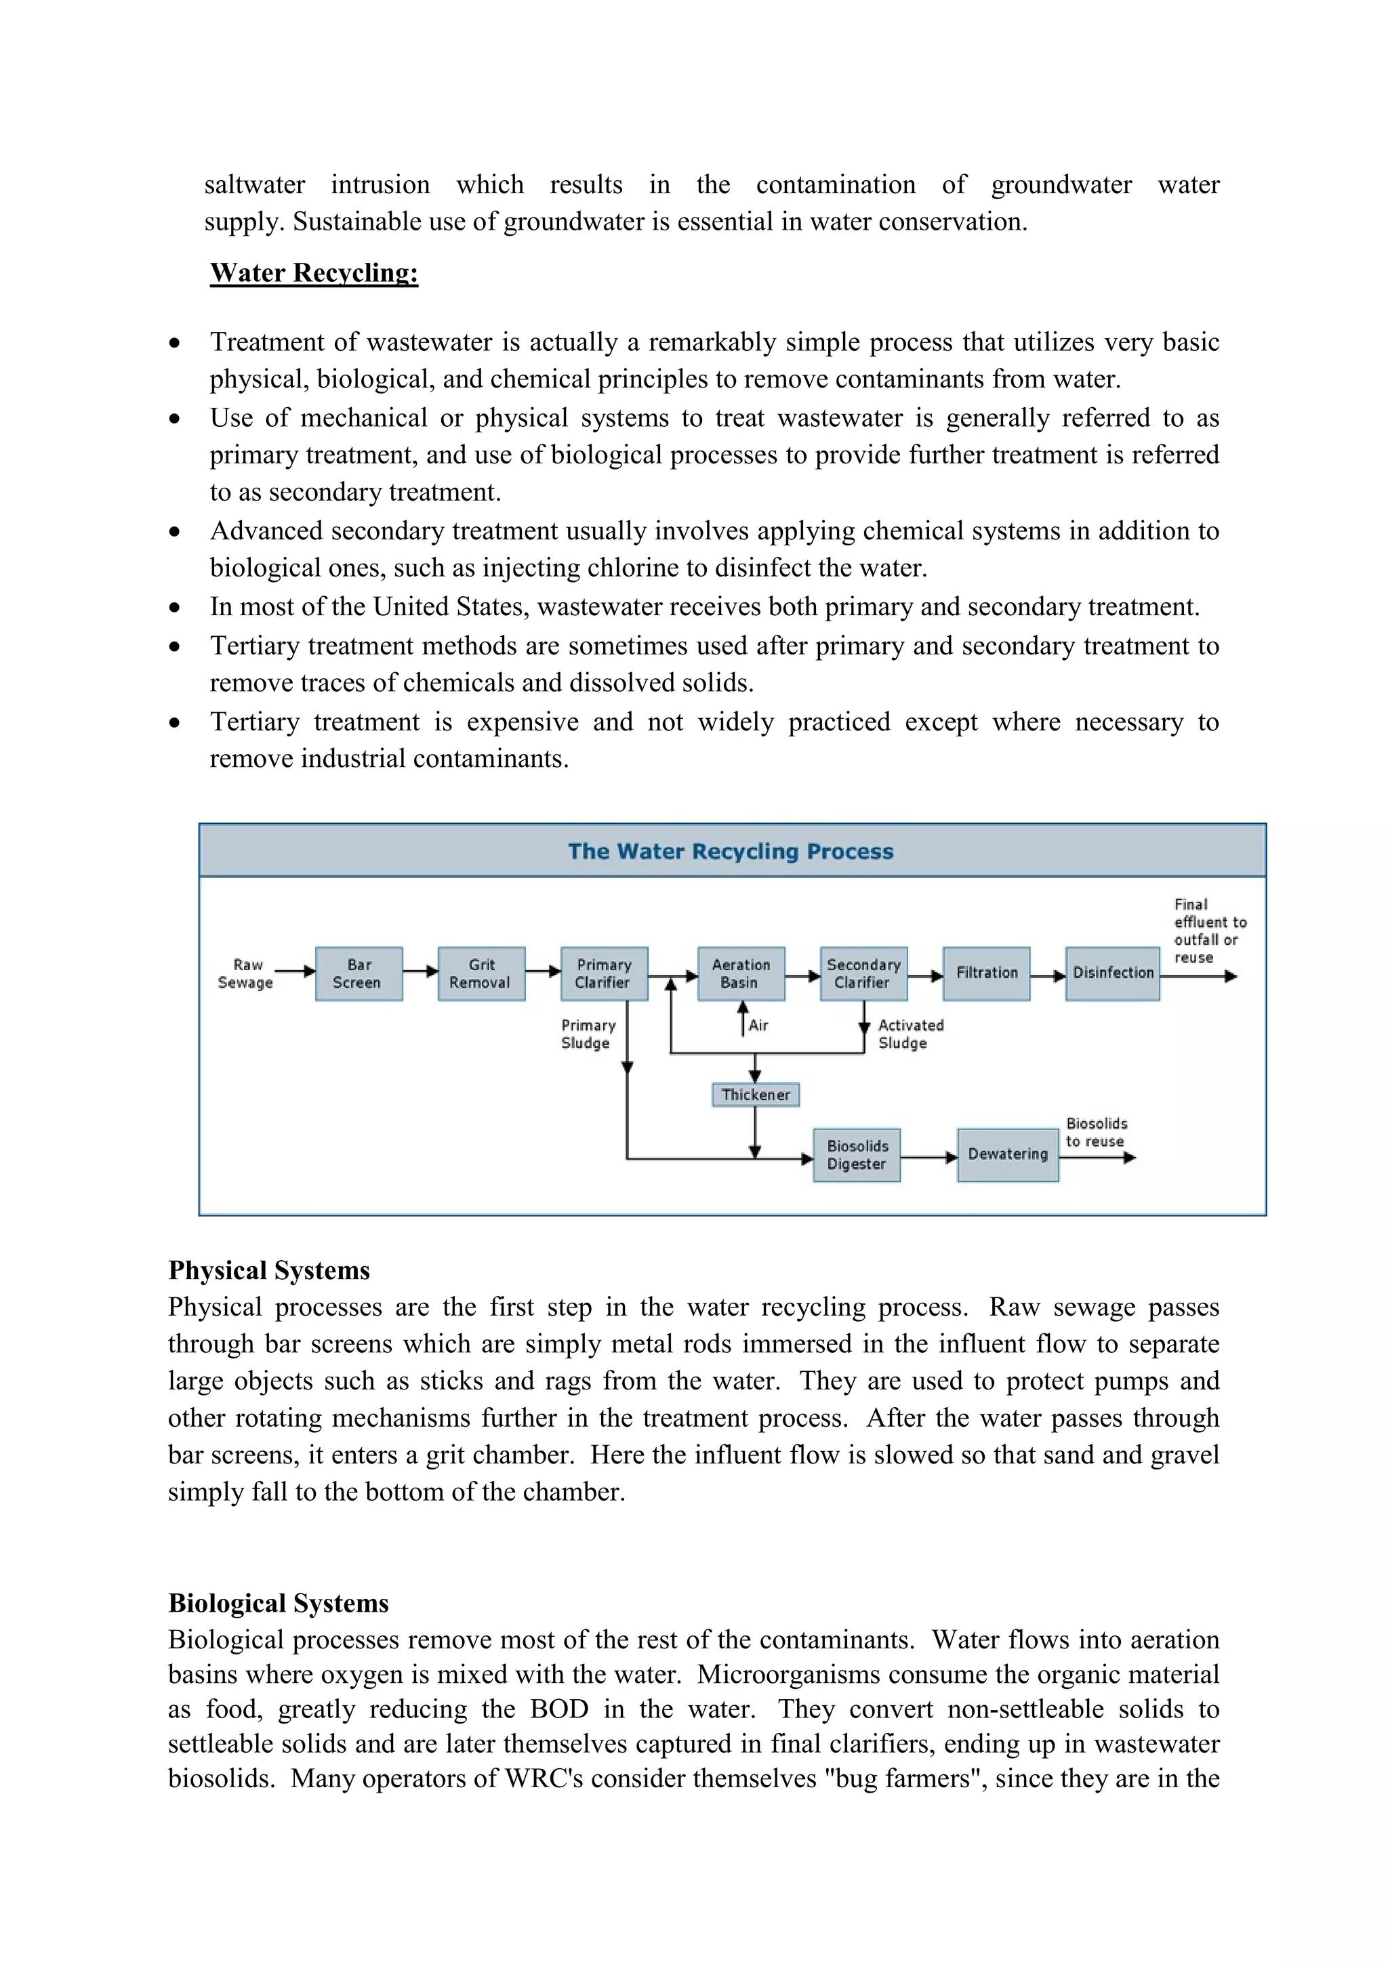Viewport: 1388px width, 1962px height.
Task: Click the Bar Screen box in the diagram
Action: point(358,974)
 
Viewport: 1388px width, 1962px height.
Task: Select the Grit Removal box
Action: point(481,974)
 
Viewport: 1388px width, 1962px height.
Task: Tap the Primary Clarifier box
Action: point(603,974)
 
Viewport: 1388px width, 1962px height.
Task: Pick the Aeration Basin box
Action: point(740,974)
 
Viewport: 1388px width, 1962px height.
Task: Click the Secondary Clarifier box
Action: point(863,974)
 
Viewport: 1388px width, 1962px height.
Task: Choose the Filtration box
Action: point(986,974)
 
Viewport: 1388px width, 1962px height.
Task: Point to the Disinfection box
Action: point(1112,974)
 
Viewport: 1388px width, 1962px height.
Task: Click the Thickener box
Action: point(756,1095)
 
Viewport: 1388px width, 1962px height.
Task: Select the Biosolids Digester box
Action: point(857,1154)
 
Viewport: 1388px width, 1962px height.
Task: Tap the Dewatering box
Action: point(1008,1154)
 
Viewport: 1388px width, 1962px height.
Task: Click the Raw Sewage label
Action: point(246,974)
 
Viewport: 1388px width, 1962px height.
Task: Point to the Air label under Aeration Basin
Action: point(758,1026)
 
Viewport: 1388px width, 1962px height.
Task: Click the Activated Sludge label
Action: point(910,1034)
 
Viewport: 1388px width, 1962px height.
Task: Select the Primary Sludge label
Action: point(588,1034)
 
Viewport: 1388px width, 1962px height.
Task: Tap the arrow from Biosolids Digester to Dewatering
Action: point(928,1158)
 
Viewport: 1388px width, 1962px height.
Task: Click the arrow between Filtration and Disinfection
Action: point(1047,976)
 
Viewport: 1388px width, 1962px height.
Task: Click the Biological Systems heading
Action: point(278,1603)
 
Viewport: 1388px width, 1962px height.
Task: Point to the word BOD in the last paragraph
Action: point(559,1709)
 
